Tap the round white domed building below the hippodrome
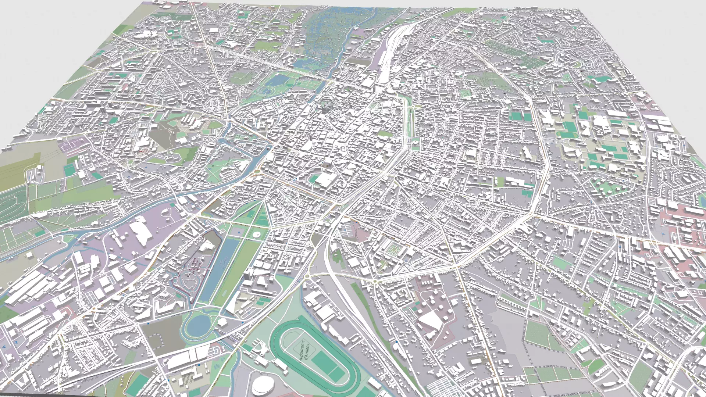click(263, 384)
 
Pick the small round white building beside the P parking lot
click(256, 234)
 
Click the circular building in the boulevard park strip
click(416, 142)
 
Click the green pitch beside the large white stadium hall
click(315, 179)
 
